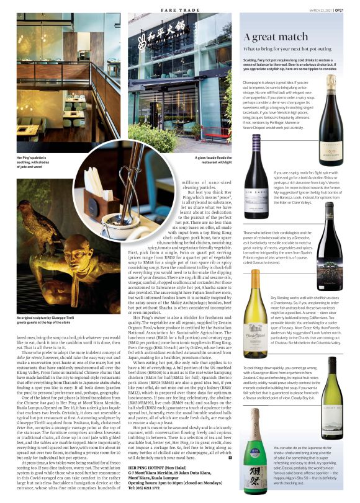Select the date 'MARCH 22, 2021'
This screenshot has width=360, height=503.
tap(319, 6)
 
